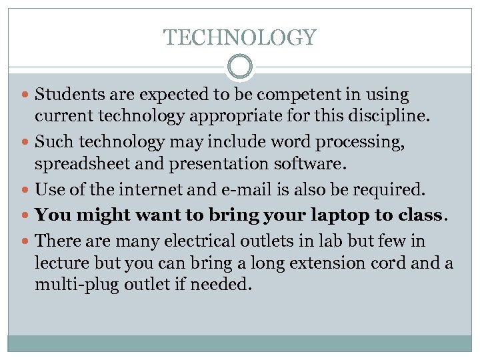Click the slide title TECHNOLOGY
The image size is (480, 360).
click(x=240, y=37)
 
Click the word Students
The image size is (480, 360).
click(x=65, y=95)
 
